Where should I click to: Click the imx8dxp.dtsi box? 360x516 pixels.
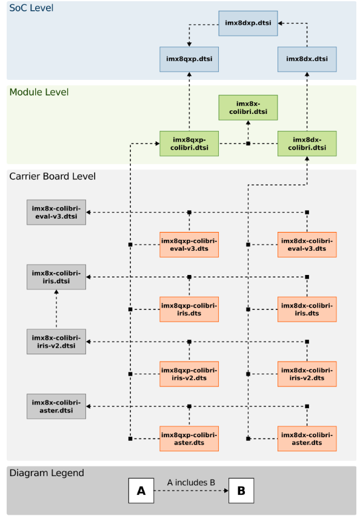coord(248,24)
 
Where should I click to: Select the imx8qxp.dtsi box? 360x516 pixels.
coord(189,59)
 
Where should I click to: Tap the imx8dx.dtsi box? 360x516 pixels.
coord(307,59)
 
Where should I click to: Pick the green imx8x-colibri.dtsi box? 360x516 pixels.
coord(248,108)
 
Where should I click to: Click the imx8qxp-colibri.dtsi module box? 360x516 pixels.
coord(189,144)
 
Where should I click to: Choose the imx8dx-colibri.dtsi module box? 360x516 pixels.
coord(307,144)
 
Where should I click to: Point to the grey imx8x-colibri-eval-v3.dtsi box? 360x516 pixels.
coord(56,212)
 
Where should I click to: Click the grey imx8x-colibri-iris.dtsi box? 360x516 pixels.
coord(56,277)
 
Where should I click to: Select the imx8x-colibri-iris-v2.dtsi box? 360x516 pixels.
coord(56,342)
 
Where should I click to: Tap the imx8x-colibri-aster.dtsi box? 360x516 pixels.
coord(56,406)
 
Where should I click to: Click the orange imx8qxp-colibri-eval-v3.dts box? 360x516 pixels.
coord(189,245)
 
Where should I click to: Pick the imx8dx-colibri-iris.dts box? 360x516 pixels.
coord(307,309)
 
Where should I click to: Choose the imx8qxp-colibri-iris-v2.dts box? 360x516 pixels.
coord(189,374)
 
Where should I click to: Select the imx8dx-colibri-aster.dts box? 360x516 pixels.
coord(307,438)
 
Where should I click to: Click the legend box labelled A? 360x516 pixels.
coord(141,491)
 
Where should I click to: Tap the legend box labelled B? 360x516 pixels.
coord(241,491)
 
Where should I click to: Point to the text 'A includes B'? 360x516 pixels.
coord(191,483)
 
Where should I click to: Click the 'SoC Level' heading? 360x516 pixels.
coord(32,8)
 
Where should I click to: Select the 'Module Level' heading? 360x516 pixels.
coord(39,92)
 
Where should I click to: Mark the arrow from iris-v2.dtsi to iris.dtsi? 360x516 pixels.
coord(56,309)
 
